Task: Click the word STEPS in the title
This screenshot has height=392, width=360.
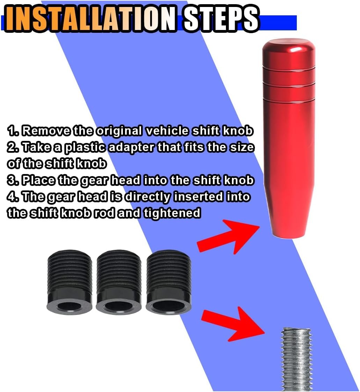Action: tap(221, 19)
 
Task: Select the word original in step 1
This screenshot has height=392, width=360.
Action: tap(119, 131)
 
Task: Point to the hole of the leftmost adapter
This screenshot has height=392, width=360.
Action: tap(69, 306)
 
